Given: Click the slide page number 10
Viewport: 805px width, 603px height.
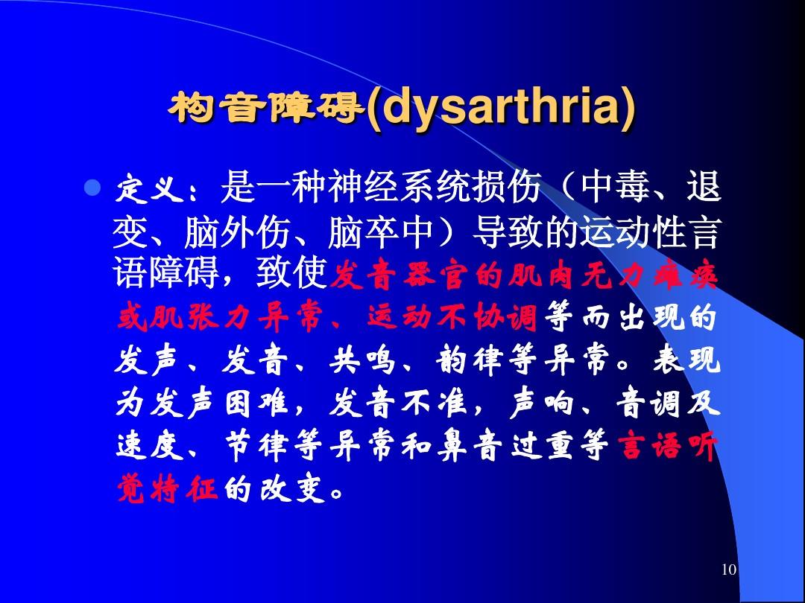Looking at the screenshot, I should (728, 570).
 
